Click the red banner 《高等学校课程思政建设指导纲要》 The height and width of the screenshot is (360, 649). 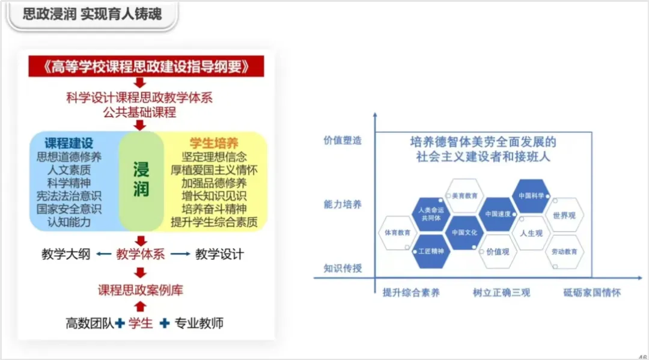pyautogui.click(x=146, y=66)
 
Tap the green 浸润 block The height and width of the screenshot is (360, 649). pyautogui.click(x=141, y=180)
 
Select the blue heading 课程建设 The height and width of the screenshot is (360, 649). pyautogui.click(x=69, y=144)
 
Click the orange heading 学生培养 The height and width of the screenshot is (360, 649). pyautogui.click(x=214, y=144)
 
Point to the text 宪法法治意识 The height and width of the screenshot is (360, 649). pyautogui.click(x=69, y=196)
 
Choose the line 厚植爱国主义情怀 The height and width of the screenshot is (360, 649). pyautogui.click(x=214, y=170)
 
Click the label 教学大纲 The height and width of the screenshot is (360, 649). pyautogui.click(x=66, y=254)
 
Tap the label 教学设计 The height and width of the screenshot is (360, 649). pyautogui.click(x=219, y=254)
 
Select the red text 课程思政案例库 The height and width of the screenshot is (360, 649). pyautogui.click(x=141, y=290)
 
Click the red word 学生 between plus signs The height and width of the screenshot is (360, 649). pyautogui.click(x=141, y=323)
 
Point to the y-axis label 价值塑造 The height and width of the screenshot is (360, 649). pyautogui.click(x=343, y=140)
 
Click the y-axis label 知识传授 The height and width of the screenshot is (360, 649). pyautogui.click(x=343, y=269)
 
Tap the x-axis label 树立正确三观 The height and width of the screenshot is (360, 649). pyautogui.click(x=501, y=293)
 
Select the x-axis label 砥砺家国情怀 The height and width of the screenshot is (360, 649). pyautogui.click(x=592, y=293)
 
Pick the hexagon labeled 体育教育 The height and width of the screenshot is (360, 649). pyautogui.click(x=397, y=233)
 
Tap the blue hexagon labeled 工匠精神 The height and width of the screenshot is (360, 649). pyautogui.click(x=431, y=251)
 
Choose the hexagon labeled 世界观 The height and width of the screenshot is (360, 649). pyautogui.click(x=564, y=215)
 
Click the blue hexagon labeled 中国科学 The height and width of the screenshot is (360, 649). pyautogui.click(x=531, y=196)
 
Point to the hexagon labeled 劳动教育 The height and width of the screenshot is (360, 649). pyautogui.click(x=564, y=251)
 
